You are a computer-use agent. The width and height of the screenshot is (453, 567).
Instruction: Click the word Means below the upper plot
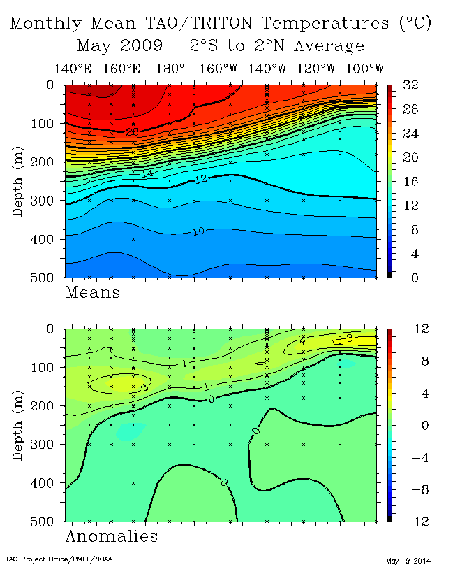[93, 292]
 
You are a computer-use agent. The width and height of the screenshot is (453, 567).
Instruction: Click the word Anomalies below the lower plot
[112, 536]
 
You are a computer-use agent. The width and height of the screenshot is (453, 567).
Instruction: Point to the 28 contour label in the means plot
[133, 131]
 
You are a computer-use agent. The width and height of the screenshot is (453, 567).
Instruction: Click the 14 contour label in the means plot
[147, 173]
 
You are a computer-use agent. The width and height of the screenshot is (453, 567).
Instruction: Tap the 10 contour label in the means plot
[198, 231]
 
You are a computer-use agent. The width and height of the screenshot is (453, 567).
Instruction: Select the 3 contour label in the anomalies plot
[351, 339]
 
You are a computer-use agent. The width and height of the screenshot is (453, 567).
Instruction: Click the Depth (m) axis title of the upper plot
[19, 181]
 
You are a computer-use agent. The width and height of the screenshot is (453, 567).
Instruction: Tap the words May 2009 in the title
[119, 47]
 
